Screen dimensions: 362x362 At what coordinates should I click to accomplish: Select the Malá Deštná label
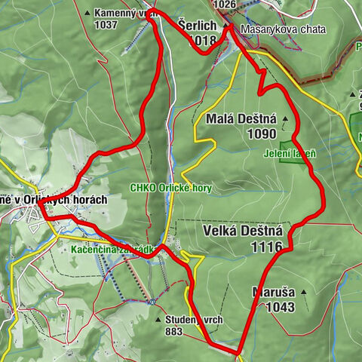[240, 118]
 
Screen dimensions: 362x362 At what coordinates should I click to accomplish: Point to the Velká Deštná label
[242, 232]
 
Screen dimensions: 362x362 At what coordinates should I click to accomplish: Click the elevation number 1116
[268, 247]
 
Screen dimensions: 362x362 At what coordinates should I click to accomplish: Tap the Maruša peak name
[274, 293]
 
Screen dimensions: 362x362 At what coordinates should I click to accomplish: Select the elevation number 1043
[281, 307]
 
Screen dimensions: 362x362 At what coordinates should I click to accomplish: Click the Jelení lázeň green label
[290, 154]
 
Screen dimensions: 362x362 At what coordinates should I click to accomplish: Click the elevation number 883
[173, 332]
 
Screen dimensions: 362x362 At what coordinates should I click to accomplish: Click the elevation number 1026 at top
[225, 5]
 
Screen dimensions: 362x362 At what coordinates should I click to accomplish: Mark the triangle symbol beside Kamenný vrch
[89, 13]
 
